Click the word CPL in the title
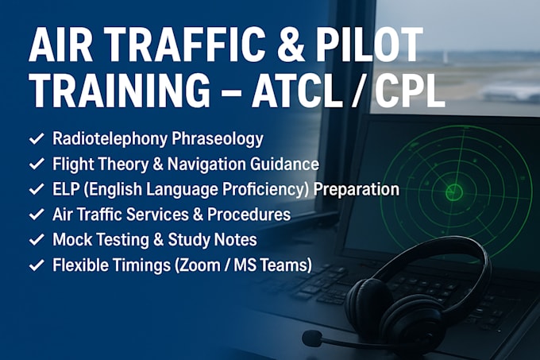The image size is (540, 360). click(409, 89)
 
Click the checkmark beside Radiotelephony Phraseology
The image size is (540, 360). click(37, 138)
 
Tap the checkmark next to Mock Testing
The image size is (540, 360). click(37, 240)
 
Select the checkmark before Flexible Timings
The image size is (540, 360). click(37, 265)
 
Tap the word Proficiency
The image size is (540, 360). click(265, 190)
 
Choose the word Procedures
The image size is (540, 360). click(249, 215)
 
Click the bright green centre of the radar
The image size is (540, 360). click(454, 192)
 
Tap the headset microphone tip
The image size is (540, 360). click(311, 339)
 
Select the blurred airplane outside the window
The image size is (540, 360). click(511, 92)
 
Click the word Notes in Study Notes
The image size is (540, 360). click(235, 240)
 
